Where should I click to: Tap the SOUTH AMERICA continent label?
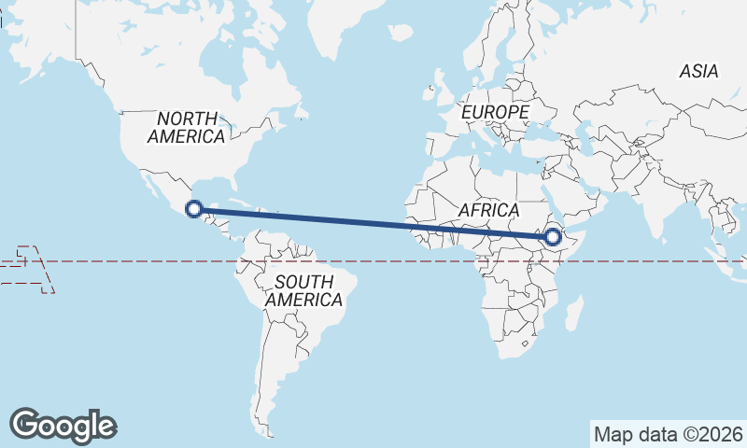[303, 290]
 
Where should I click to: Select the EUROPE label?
[495, 112]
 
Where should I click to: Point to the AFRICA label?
[488, 210]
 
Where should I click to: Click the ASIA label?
[698, 71]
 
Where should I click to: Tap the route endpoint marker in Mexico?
[193, 209]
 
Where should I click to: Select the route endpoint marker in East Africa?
[552, 238]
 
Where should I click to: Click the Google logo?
[63, 425]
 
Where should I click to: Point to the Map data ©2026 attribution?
[668, 434]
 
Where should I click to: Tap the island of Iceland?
[401, 33]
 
